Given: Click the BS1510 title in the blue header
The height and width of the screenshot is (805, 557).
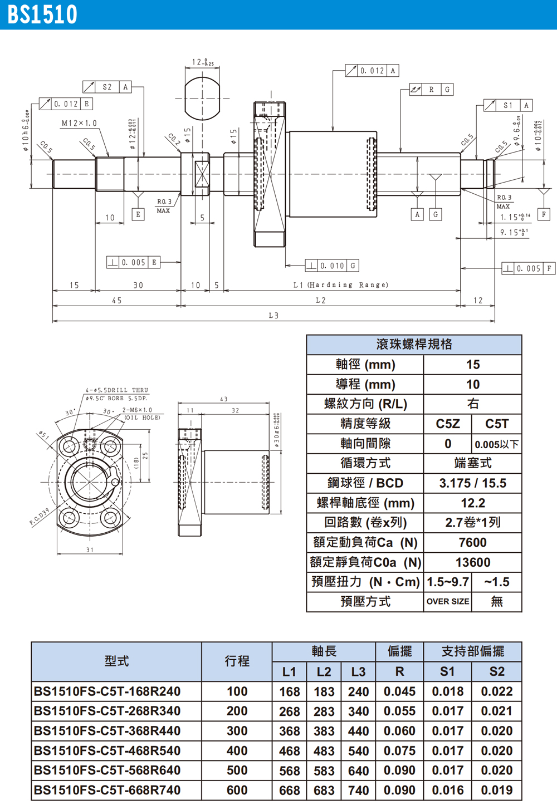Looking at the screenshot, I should click(42, 15).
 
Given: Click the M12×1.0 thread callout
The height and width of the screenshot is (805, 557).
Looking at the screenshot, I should click(79, 123).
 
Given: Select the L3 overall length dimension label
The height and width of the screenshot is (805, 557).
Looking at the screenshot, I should click(273, 316).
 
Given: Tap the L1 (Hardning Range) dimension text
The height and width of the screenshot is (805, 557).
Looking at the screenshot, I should click(340, 285).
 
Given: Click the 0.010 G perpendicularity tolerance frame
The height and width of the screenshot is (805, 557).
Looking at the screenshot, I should click(332, 266).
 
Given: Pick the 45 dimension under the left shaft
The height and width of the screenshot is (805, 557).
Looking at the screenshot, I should click(116, 301).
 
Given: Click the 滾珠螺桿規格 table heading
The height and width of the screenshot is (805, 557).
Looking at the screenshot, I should click(414, 345).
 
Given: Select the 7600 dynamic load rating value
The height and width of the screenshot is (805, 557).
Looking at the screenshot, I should click(472, 543).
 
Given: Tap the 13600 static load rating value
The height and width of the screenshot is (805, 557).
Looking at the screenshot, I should click(472, 563).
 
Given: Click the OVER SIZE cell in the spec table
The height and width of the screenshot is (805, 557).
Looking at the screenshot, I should click(447, 602).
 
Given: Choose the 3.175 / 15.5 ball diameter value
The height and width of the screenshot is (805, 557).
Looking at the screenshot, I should click(472, 483).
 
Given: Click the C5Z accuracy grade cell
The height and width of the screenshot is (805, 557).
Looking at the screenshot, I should click(447, 424).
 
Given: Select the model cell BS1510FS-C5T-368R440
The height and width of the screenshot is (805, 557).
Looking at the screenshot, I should click(107, 731).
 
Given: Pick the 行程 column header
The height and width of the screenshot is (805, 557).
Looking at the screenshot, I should click(237, 661).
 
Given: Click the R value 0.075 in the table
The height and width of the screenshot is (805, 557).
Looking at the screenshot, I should click(399, 751).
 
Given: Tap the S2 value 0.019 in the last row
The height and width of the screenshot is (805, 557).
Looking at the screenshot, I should click(496, 791).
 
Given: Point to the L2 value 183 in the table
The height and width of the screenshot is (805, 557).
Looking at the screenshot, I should click(324, 692).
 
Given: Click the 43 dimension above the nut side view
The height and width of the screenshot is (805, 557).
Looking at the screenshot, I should click(223, 399).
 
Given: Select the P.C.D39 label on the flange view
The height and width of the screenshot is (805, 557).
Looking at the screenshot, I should click(39, 517).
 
